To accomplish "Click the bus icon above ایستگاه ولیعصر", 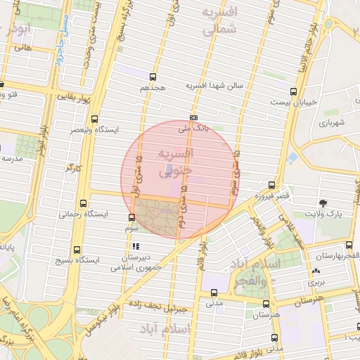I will pos(95,120).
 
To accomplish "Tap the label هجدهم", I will pos(152,87).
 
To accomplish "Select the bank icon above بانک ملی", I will pos(194,117).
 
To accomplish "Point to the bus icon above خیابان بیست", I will pos(292,91).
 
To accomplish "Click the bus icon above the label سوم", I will pos(132,217).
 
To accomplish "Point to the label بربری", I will pos(316,281).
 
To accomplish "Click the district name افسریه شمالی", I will pos(219,22).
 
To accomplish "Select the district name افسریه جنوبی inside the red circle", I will pos(176,162).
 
